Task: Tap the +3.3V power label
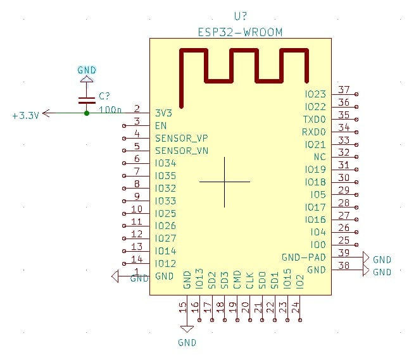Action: click(x=26, y=115)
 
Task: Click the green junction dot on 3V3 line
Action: click(x=87, y=113)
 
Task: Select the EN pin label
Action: click(x=161, y=125)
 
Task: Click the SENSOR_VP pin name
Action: click(x=182, y=138)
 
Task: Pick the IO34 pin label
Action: click(x=165, y=163)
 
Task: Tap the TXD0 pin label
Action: click(x=314, y=119)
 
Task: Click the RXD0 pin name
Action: click(x=314, y=132)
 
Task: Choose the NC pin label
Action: click(x=320, y=157)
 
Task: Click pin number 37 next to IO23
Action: click(x=344, y=90)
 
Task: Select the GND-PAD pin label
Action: click(x=304, y=257)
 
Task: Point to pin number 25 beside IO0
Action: click(x=344, y=240)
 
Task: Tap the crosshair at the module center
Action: click(x=225, y=182)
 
